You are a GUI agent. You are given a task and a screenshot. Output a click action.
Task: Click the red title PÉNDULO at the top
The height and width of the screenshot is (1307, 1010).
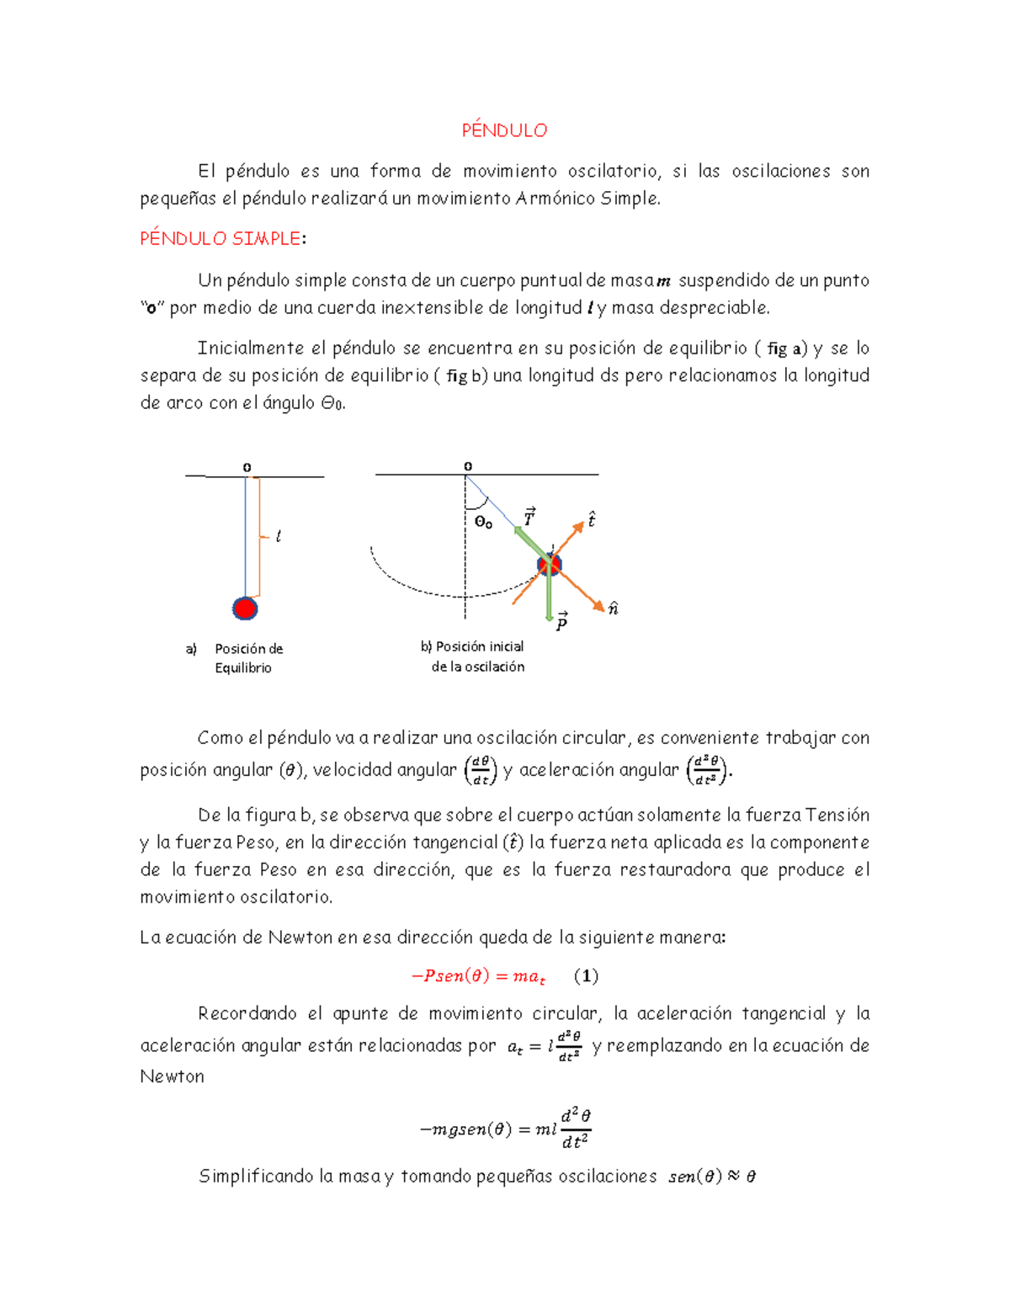504,130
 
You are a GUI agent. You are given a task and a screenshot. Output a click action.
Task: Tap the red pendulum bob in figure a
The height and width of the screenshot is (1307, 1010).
245,608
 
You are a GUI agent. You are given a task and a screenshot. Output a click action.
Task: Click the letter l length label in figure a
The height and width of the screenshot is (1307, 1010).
279,536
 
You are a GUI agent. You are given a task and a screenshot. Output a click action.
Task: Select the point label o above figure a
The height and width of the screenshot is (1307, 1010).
247,466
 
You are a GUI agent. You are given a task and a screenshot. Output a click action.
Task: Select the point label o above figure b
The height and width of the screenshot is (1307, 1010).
468,465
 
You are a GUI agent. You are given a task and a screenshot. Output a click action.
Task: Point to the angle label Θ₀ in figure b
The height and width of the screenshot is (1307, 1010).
483,522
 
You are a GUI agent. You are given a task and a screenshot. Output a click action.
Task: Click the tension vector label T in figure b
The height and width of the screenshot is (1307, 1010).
529,518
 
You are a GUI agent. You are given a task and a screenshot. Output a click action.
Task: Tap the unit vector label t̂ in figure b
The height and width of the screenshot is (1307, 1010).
592,519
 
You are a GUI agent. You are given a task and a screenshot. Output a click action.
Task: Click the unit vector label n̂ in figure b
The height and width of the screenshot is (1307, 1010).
614,608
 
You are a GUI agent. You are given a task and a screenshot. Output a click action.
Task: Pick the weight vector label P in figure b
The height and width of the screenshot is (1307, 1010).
561,622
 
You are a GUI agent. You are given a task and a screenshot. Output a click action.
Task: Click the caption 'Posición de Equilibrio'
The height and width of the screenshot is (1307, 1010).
244,658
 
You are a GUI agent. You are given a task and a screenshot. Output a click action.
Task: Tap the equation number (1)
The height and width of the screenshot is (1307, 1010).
586,975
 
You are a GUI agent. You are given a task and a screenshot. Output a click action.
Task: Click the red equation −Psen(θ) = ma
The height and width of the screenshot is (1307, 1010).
478,976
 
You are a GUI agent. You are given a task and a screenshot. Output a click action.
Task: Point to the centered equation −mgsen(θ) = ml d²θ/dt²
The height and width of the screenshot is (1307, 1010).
505,1129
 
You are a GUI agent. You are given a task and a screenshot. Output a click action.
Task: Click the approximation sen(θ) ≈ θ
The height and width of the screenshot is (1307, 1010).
711,1177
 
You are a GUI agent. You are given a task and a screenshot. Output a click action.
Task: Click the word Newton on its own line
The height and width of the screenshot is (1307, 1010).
172,1076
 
